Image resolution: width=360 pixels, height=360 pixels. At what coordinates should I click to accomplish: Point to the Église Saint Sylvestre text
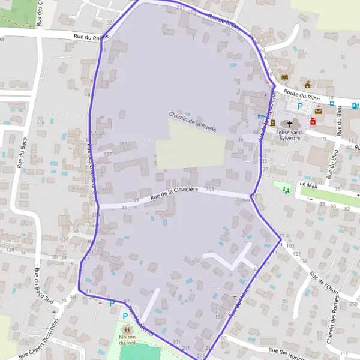[x=290, y=134]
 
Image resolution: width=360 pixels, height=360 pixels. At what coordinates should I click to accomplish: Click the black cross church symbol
[x=290, y=122]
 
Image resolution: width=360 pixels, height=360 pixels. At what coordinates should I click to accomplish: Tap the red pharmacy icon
[x=313, y=121]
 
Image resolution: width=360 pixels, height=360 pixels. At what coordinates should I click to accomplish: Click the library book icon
[x=284, y=77]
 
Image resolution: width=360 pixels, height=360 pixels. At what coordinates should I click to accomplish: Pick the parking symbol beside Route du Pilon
[x=300, y=106]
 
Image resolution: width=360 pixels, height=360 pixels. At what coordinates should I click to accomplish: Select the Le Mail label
[x=308, y=184]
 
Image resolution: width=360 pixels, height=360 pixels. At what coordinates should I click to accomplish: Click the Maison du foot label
[x=127, y=340]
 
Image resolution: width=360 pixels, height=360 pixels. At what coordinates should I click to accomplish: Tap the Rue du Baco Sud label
[x=40, y=286]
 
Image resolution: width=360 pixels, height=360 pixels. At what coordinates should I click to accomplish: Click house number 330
[x=110, y=22]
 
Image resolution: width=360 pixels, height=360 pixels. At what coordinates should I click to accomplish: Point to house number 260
[x=245, y=200]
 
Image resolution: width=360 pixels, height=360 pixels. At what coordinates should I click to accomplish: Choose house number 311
[x=123, y=144]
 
